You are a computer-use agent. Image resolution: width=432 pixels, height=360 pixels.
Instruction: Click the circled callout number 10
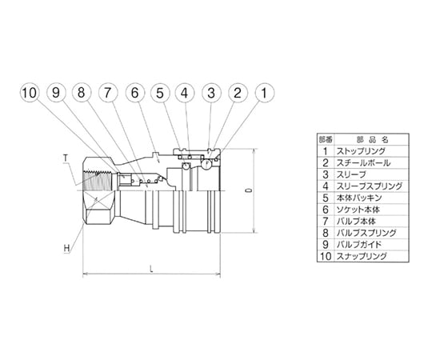click(x=30, y=93)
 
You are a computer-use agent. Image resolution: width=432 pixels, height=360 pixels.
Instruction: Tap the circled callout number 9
click(x=56, y=93)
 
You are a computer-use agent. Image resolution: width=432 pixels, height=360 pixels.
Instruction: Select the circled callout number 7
click(x=108, y=93)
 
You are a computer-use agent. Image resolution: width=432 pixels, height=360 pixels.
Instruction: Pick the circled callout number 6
click(x=134, y=93)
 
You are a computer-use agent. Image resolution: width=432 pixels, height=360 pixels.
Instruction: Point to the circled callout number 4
click(x=185, y=93)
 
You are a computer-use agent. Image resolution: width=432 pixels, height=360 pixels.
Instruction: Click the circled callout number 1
click(x=265, y=93)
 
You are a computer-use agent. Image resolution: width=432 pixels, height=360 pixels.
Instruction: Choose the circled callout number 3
click(x=211, y=93)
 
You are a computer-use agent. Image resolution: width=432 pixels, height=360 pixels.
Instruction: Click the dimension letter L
click(x=151, y=270)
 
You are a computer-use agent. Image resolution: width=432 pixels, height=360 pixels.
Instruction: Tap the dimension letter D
click(x=250, y=190)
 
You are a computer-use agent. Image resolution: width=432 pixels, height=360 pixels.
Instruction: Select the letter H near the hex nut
click(x=66, y=248)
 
